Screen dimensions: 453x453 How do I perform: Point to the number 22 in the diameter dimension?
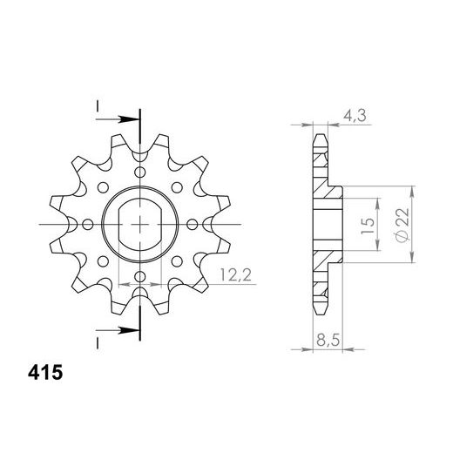point(400,215)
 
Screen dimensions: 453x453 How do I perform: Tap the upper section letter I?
point(98,107)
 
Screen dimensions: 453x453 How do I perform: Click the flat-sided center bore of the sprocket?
point(139,225)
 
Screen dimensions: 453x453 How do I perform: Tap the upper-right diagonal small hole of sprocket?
point(177,187)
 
